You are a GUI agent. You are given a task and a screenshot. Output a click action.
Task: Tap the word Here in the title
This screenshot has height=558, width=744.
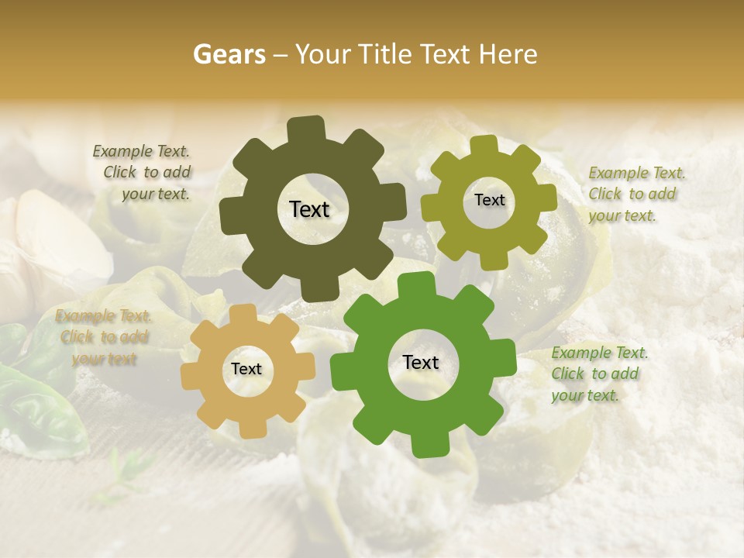[508, 54]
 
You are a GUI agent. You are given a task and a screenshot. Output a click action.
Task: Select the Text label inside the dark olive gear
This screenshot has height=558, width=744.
[309, 209]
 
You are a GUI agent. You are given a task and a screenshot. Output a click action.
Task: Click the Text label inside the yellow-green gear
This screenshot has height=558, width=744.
[489, 200]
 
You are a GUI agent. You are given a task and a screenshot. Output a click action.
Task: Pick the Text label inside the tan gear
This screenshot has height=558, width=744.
[246, 369]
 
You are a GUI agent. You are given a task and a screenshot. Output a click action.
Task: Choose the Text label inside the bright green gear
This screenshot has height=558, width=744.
[421, 362]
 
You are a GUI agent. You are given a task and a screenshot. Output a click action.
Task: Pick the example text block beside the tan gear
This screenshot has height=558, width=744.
[103, 337]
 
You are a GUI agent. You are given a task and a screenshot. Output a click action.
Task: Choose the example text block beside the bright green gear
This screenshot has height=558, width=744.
[599, 374]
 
